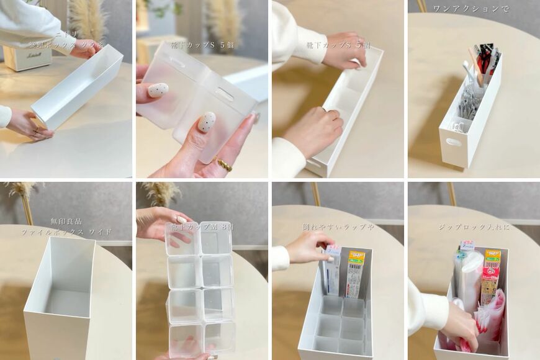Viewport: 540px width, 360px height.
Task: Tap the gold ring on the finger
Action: (x=224, y=165)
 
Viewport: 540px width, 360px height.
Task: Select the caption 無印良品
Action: (x=66, y=221)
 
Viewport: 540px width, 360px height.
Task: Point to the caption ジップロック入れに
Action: (x=474, y=227)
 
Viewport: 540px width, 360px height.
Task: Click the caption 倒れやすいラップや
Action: (x=338, y=227)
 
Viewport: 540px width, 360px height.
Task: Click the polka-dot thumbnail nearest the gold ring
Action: (x=207, y=122)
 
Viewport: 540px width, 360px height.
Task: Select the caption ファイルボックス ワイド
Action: (x=66, y=232)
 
